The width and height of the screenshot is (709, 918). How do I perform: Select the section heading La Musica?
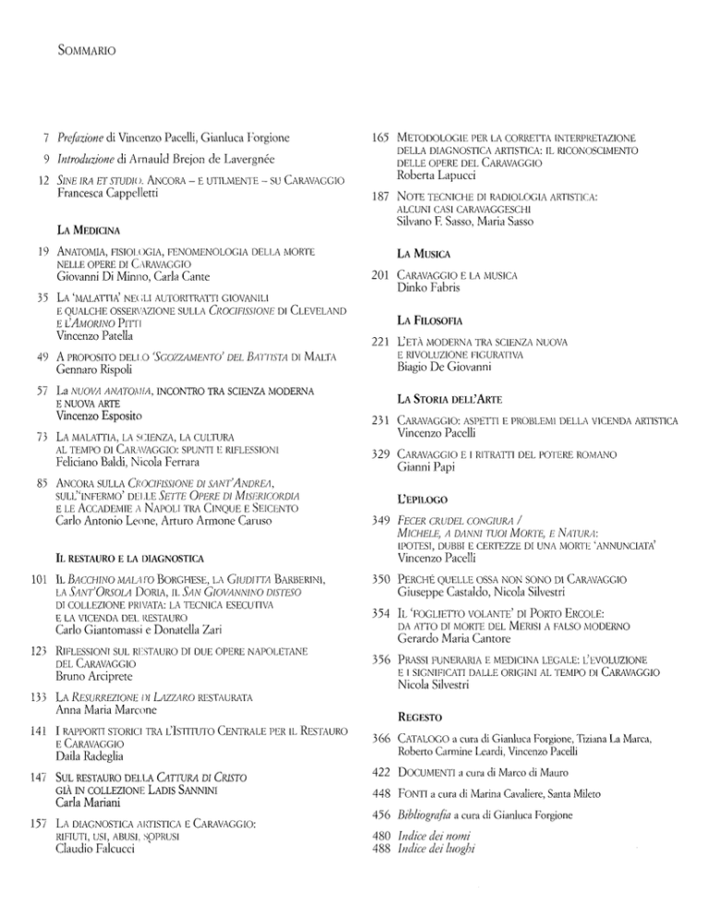point(423,251)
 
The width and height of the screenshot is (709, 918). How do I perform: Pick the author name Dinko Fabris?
point(435,288)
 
